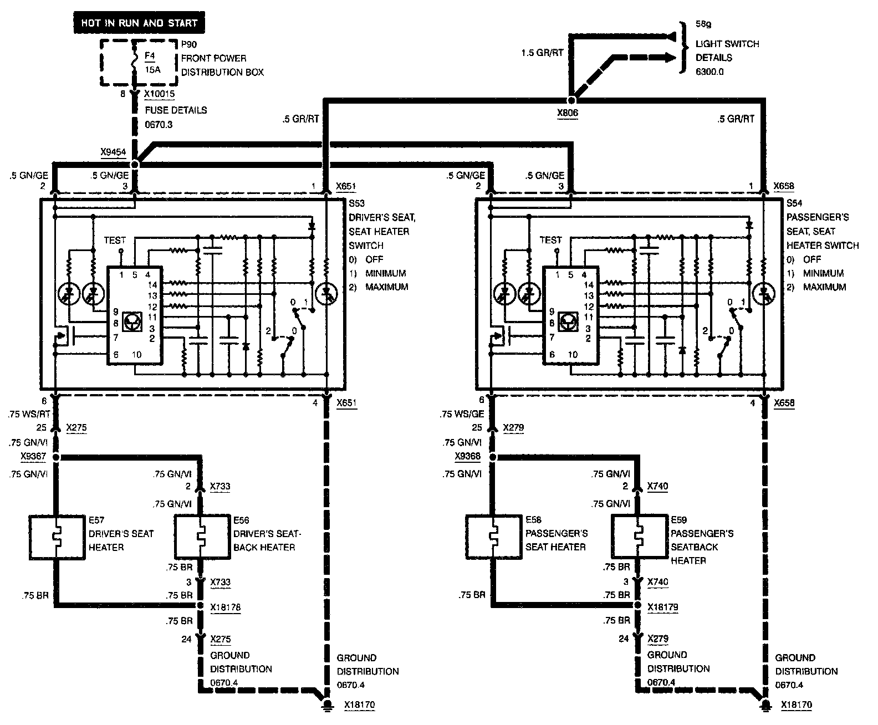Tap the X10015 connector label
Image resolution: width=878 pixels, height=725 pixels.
(x=160, y=95)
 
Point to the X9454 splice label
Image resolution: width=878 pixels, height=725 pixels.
(x=114, y=151)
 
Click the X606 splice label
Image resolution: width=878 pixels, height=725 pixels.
(x=568, y=113)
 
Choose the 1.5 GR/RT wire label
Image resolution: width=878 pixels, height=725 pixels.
(x=542, y=53)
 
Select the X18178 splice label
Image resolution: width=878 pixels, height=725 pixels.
(x=226, y=607)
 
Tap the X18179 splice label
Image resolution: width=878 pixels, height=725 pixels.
(x=663, y=607)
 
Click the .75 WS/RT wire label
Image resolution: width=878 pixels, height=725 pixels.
(x=29, y=413)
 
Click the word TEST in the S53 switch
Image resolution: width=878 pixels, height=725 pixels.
(x=115, y=240)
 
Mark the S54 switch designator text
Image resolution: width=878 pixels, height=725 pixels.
(x=794, y=203)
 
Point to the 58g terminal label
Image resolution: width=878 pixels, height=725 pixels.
(x=703, y=25)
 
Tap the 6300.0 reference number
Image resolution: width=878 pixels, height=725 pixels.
(x=709, y=72)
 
